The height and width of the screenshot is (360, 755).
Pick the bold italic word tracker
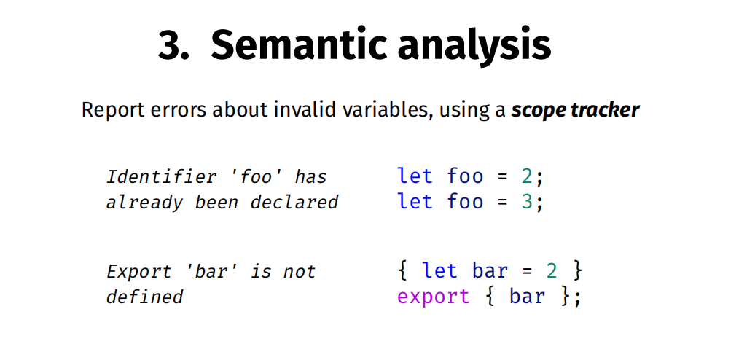click(x=605, y=109)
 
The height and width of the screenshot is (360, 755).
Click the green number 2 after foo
click(x=526, y=176)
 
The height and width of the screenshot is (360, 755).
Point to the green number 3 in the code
click(x=526, y=201)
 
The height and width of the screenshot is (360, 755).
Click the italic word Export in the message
click(x=138, y=271)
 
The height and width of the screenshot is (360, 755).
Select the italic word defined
click(x=144, y=296)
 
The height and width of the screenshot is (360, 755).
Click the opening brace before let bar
click(x=404, y=271)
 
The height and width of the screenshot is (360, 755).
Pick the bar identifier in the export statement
click(x=527, y=296)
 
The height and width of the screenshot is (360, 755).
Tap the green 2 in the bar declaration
click(x=552, y=271)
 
